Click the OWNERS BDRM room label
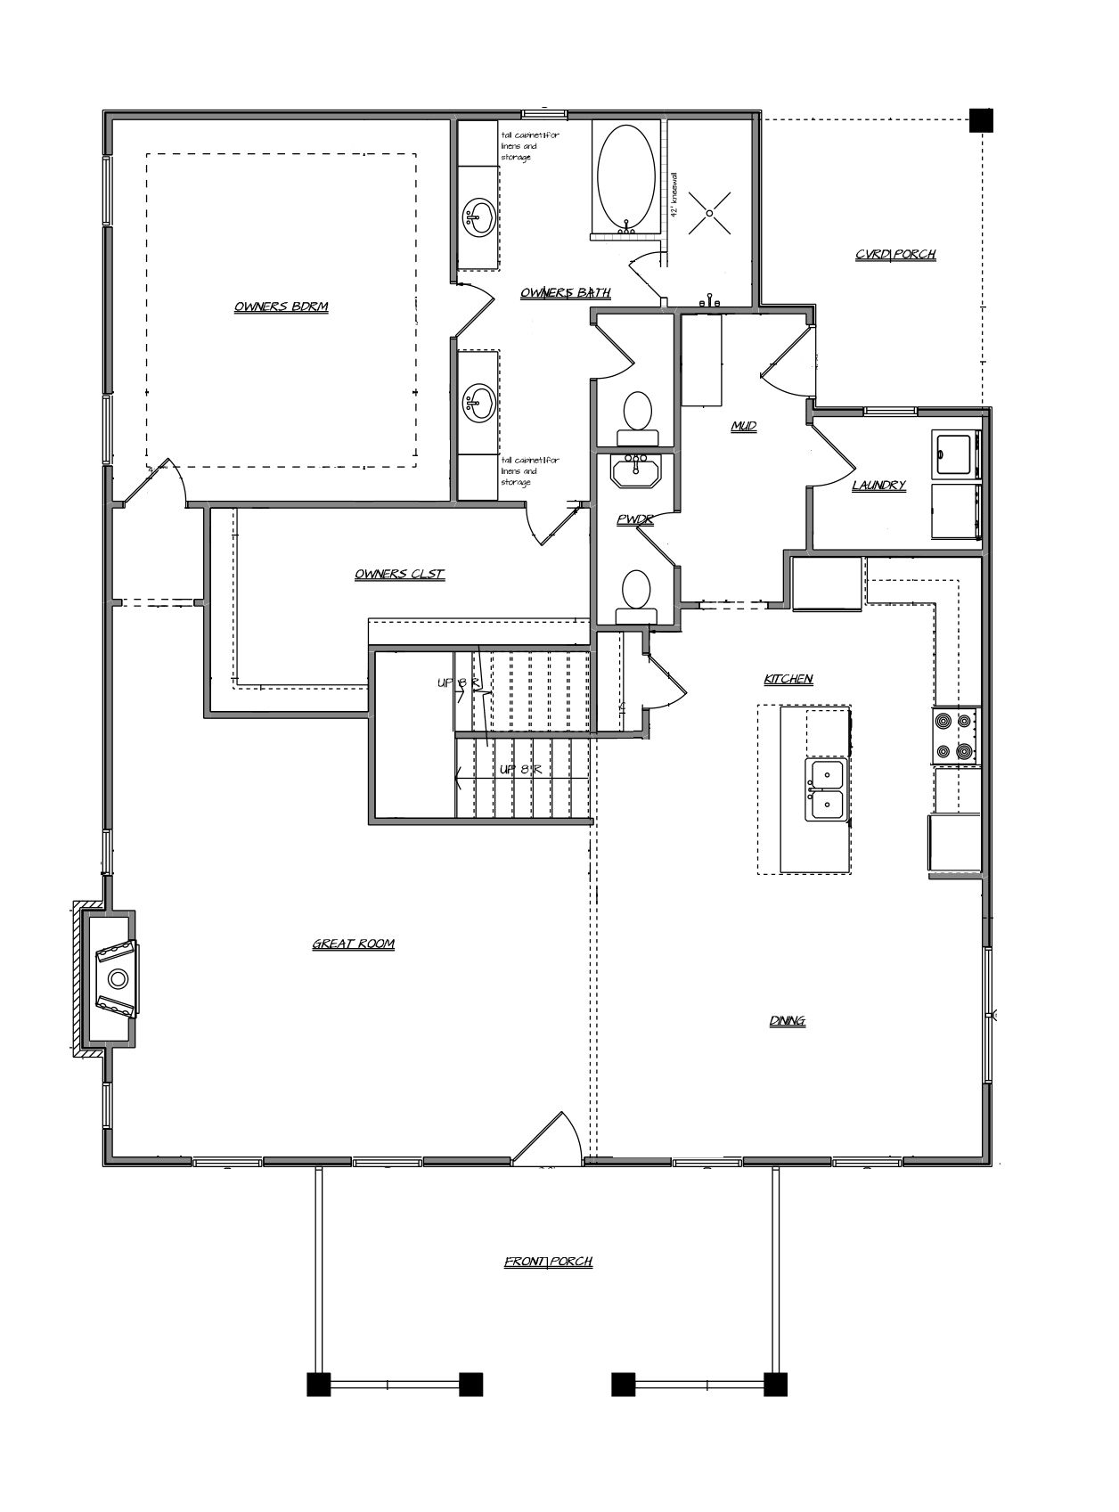(x=282, y=307)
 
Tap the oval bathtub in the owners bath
(x=625, y=177)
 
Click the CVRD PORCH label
(x=894, y=255)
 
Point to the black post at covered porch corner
(x=981, y=119)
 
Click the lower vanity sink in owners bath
(x=479, y=401)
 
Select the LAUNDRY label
(x=878, y=486)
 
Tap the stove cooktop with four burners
(x=956, y=736)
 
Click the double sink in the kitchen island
(x=827, y=789)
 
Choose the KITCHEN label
(x=788, y=679)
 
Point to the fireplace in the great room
(x=116, y=978)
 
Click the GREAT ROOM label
(x=353, y=944)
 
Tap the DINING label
(x=788, y=1021)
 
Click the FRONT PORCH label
(x=548, y=1262)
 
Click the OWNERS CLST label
(x=399, y=575)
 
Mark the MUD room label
(x=744, y=427)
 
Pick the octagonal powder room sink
(x=635, y=470)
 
